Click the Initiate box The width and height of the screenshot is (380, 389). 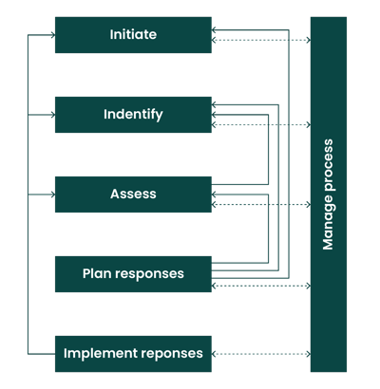(133, 35)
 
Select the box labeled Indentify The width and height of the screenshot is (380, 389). (133, 115)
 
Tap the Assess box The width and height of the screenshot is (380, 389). (133, 194)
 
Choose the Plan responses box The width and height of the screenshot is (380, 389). (133, 274)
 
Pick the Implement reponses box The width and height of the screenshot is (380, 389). (133, 354)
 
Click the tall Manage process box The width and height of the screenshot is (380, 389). (329, 194)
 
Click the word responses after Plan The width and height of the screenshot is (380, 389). (150, 274)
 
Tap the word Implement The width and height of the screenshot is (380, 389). (98, 354)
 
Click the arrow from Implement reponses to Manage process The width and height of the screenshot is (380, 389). (261, 354)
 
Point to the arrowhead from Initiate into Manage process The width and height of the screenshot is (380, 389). (305, 42)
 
